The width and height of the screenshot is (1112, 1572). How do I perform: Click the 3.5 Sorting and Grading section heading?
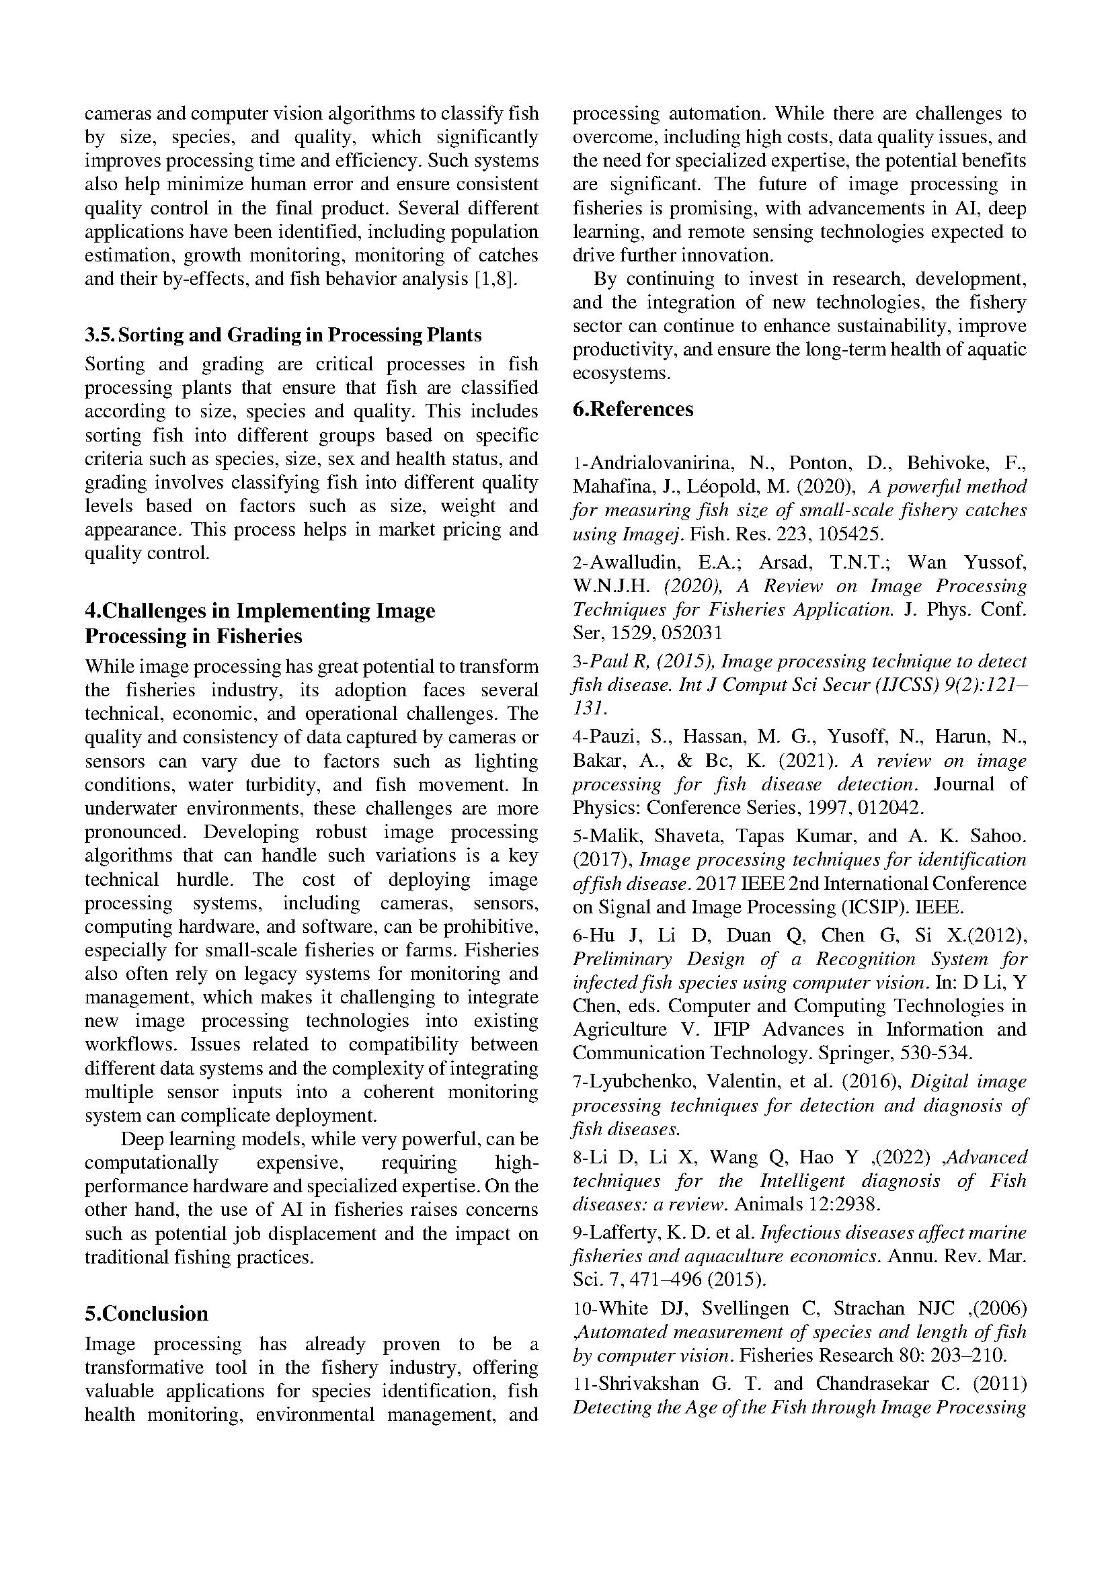[283, 335]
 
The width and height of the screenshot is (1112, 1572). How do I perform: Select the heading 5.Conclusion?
[147, 1313]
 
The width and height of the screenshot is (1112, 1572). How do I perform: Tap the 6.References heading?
[633, 409]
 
